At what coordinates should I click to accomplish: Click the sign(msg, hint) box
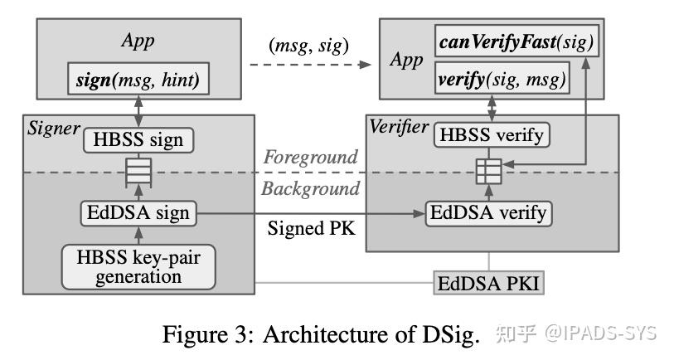pyautogui.click(x=138, y=81)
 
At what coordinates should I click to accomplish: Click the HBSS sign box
pyautogui.click(x=138, y=139)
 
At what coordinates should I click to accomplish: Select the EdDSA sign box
pyautogui.click(x=138, y=213)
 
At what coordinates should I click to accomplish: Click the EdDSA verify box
pyautogui.click(x=487, y=213)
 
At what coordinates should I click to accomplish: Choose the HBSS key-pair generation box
pyautogui.click(x=138, y=265)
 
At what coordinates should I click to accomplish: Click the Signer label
pyautogui.click(x=52, y=129)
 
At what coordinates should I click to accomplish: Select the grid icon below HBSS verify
pyautogui.click(x=485, y=173)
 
